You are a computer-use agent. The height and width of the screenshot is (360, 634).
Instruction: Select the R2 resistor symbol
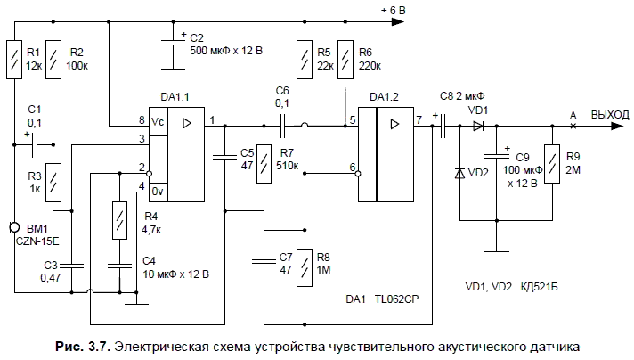pos(53,60)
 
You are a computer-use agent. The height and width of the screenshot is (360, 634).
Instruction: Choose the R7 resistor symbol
pos(262,165)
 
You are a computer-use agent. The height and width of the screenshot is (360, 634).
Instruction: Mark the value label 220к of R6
pos(368,67)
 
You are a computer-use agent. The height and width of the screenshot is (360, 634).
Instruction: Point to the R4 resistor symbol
pos(118,221)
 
